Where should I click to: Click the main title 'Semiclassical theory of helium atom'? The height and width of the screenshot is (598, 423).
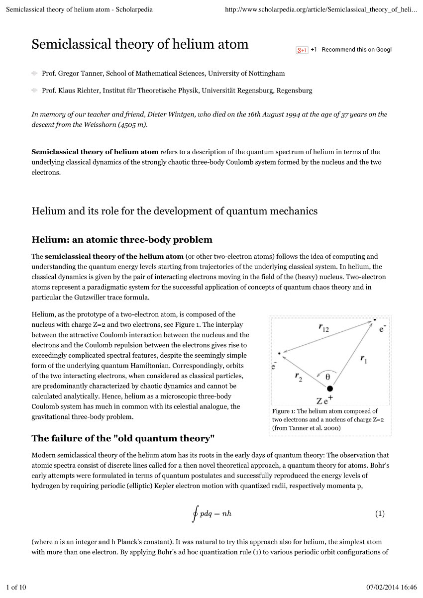point(140,44)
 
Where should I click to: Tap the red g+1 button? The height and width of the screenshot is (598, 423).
point(302,50)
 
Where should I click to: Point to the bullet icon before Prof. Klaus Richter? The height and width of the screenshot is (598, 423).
point(34,91)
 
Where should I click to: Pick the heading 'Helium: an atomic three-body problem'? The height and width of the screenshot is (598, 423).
point(122,240)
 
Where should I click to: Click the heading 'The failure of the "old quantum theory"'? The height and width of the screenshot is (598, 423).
point(123,438)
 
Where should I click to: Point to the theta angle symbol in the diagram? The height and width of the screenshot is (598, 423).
point(327,376)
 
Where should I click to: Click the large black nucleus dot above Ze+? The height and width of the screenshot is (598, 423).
point(329,388)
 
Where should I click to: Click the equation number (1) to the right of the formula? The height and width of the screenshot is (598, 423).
point(380,513)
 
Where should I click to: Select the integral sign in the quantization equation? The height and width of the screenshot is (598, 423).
point(195,513)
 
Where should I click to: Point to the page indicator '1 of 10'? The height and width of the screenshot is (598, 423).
point(16,588)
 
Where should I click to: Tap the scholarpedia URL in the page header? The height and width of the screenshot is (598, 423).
point(321,9)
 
